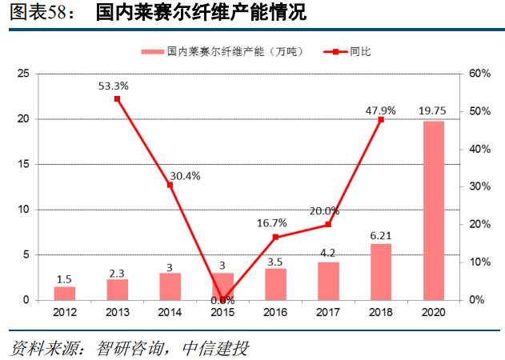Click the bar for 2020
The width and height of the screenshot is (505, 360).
[x=433, y=210]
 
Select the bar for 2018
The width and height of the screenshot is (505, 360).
[x=380, y=272]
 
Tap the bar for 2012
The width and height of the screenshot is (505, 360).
[x=65, y=293]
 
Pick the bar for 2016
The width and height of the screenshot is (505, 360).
[x=275, y=284]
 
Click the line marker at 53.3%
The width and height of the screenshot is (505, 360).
[x=118, y=98]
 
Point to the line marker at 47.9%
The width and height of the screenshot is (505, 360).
[x=380, y=119]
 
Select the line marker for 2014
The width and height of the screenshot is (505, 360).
[x=170, y=185]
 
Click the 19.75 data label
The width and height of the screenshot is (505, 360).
[x=433, y=110]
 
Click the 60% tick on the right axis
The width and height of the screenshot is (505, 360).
[x=479, y=74]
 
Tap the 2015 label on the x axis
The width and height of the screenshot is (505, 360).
[x=222, y=313]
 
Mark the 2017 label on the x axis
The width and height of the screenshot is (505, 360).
[x=328, y=313]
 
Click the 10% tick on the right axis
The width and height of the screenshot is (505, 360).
[x=479, y=262]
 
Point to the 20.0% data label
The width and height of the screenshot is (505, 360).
[x=326, y=211]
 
